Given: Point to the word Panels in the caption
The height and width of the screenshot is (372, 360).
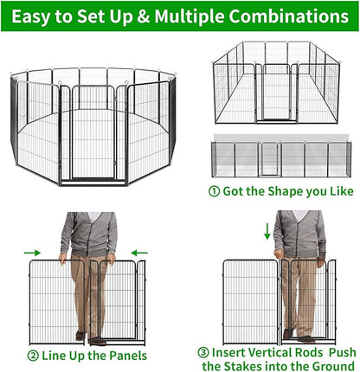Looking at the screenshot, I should pyautogui.click(x=125, y=356).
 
